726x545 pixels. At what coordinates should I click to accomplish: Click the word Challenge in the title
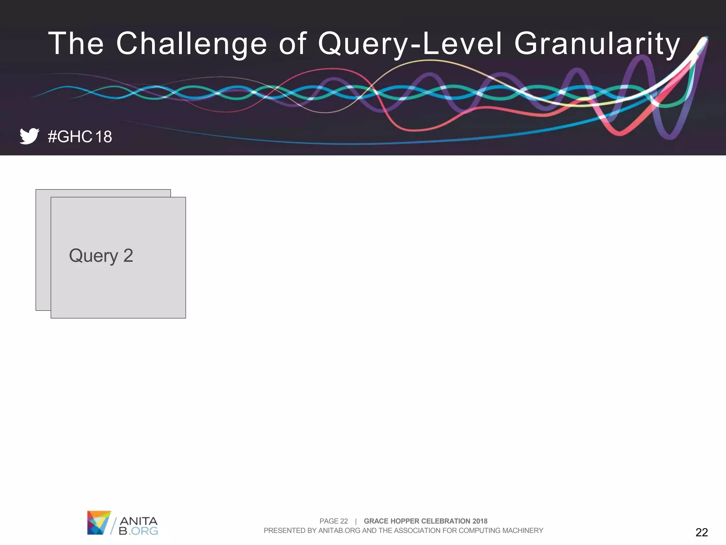point(191,44)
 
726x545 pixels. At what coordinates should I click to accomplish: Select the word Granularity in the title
point(597,44)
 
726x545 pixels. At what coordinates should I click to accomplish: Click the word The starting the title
point(76,44)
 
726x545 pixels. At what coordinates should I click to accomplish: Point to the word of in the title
point(292,44)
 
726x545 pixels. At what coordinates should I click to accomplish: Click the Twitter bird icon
point(29,136)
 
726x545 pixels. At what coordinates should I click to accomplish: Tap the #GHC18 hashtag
point(80,137)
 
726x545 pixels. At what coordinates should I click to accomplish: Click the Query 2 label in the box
point(101,256)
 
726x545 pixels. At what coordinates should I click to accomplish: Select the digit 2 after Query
point(128,256)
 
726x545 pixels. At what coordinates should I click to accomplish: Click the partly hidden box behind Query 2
point(43,248)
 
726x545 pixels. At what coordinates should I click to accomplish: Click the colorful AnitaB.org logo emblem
point(99,523)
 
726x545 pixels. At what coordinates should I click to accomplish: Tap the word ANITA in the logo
point(139,521)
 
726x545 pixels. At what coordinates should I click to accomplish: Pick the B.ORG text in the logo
point(139,531)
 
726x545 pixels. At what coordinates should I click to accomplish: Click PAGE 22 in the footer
point(334,521)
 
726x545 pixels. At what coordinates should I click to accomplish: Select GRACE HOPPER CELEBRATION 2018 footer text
point(425,521)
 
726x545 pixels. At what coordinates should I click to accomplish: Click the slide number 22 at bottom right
point(702,532)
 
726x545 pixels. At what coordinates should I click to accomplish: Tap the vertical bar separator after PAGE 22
point(356,521)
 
